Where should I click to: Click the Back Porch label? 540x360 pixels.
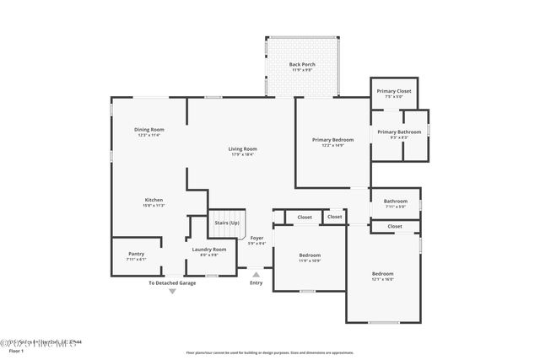coord(301,64)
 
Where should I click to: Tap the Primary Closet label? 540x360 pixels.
coord(393,90)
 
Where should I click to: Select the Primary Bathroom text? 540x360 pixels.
coord(399,132)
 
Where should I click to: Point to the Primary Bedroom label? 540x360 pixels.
coord(332,139)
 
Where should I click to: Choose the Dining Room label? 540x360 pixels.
coord(148,129)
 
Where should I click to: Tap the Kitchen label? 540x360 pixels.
coord(154,200)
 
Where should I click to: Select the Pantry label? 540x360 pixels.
coord(136,253)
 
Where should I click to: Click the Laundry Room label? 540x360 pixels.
coord(208,249)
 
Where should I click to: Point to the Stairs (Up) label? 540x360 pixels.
coord(226,223)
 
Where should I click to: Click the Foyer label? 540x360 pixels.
coord(257,238)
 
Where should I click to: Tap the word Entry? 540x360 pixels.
coord(256,282)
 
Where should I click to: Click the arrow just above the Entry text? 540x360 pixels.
coord(256,273)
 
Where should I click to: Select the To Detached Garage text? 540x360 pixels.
coord(172,282)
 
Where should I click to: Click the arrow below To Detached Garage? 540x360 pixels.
coord(172,291)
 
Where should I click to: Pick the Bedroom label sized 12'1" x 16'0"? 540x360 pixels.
coord(383,273)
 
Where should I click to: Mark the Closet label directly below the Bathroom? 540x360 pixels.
coord(395,226)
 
